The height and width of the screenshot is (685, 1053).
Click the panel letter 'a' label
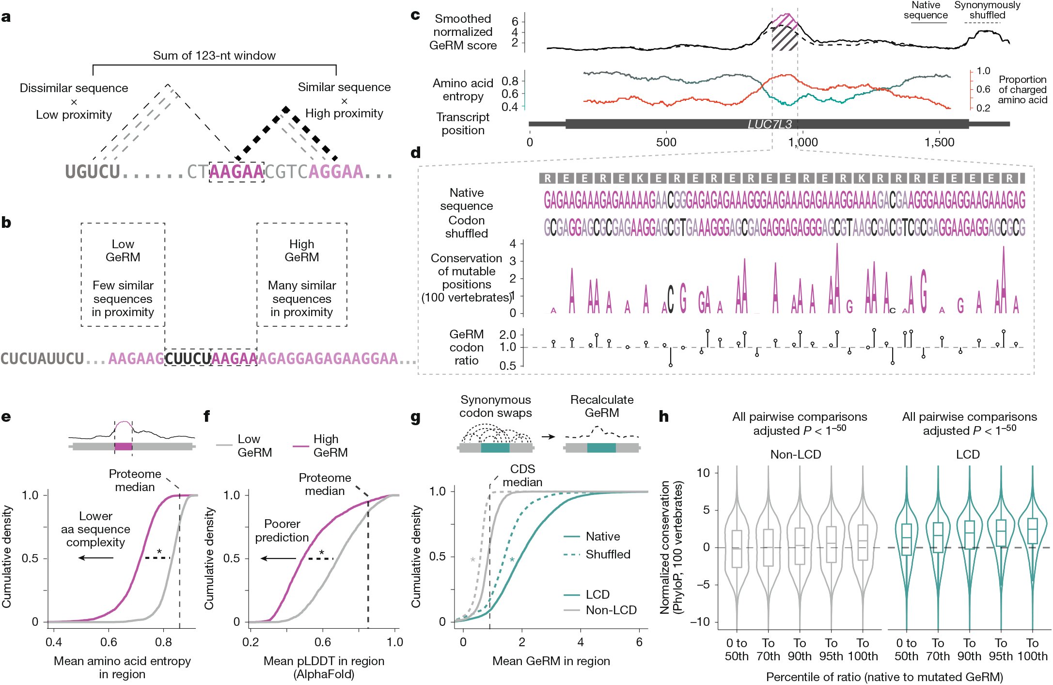(6, 17)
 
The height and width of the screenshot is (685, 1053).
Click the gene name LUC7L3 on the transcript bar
(769, 124)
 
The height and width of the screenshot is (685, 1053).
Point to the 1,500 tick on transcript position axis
(939, 142)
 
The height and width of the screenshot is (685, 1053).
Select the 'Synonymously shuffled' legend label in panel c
(987, 10)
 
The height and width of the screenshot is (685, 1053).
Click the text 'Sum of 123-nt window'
(214, 56)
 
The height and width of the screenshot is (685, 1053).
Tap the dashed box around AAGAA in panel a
(236, 172)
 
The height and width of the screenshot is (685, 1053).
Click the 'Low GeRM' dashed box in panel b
(123, 274)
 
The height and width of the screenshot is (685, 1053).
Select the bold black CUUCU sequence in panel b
(188, 359)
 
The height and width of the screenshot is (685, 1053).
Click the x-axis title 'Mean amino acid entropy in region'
(122, 667)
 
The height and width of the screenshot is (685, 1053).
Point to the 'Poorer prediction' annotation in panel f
(282, 530)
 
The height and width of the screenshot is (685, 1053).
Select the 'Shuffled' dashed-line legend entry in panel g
(607, 554)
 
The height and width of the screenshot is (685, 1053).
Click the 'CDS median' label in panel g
(522, 475)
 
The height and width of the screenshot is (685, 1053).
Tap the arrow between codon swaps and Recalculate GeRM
(548, 437)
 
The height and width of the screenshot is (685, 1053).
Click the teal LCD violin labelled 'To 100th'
(1032, 533)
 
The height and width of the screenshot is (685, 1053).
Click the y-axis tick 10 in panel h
(704, 473)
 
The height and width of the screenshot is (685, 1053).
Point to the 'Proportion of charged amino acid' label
(1022, 90)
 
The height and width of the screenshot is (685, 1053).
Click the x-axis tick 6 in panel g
(639, 642)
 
